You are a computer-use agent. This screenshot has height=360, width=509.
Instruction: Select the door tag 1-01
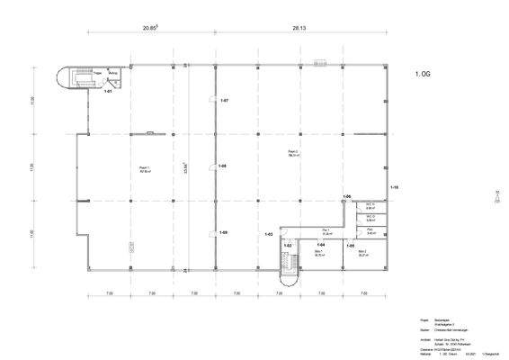(x=109, y=91)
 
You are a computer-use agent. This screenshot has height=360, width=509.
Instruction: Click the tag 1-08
(x=223, y=166)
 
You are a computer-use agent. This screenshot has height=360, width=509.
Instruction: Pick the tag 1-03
(x=268, y=235)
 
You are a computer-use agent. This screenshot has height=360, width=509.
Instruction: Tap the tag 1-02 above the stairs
(x=289, y=246)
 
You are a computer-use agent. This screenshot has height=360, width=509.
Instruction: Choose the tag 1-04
(x=320, y=245)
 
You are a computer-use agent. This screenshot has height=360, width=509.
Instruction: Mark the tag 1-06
(x=347, y=196)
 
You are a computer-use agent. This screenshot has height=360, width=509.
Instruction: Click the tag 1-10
(x=394, y=187)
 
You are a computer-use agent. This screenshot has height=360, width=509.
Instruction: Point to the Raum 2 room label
(x=293, y=152)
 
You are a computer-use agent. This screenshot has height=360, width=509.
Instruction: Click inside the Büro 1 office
(x=320, y=255)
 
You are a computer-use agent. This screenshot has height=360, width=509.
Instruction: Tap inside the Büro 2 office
(x=363, y=255)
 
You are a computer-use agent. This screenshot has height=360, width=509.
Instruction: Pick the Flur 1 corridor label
(x=312, y=231)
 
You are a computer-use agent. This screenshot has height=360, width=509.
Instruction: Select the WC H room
(x=370, y=206)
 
